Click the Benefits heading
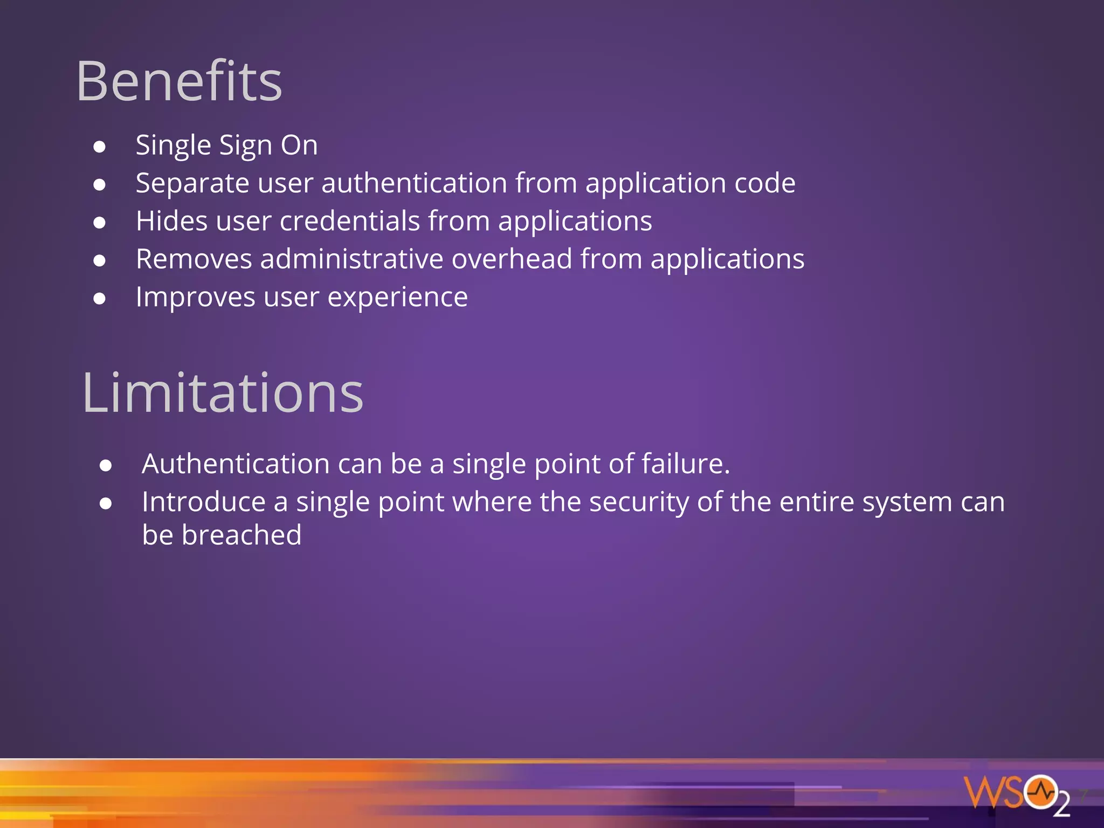179,82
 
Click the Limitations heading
223,394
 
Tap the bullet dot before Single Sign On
99,147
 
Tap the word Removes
194,259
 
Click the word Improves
196,298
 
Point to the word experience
397,298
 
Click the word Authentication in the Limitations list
236,464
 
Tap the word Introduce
204,502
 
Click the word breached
241,535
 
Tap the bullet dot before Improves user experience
99,299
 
